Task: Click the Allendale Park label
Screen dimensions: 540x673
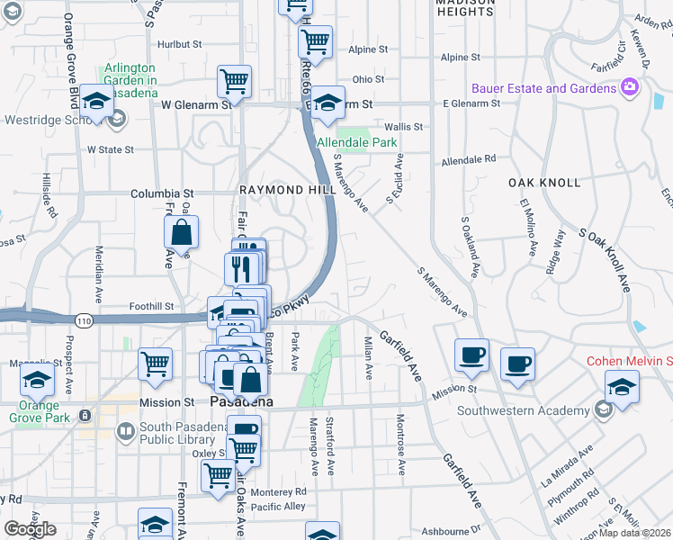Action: click(x=356, y=142)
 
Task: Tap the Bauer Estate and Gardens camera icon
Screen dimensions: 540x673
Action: click(x=630, y=87)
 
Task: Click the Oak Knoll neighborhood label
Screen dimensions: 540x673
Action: click(x=544, y=182)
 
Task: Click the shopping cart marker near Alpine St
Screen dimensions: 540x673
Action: click(x=315, y=41)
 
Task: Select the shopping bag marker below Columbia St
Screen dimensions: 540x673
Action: click(x=182, y=232)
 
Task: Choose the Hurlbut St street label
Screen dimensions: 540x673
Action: click(x=178, y=44)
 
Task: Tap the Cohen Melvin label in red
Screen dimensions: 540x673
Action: click(x=629, y=361)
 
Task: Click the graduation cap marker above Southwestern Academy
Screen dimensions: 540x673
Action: click(x=622, y=388)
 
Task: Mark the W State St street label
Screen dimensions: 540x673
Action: click(x=110, y=149)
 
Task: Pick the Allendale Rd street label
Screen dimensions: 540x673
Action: click(x=468, y=159)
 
